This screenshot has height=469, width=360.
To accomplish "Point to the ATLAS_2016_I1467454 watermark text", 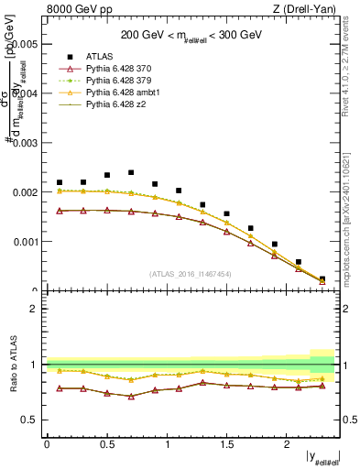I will pyautogui.click(x=191, y=274).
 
